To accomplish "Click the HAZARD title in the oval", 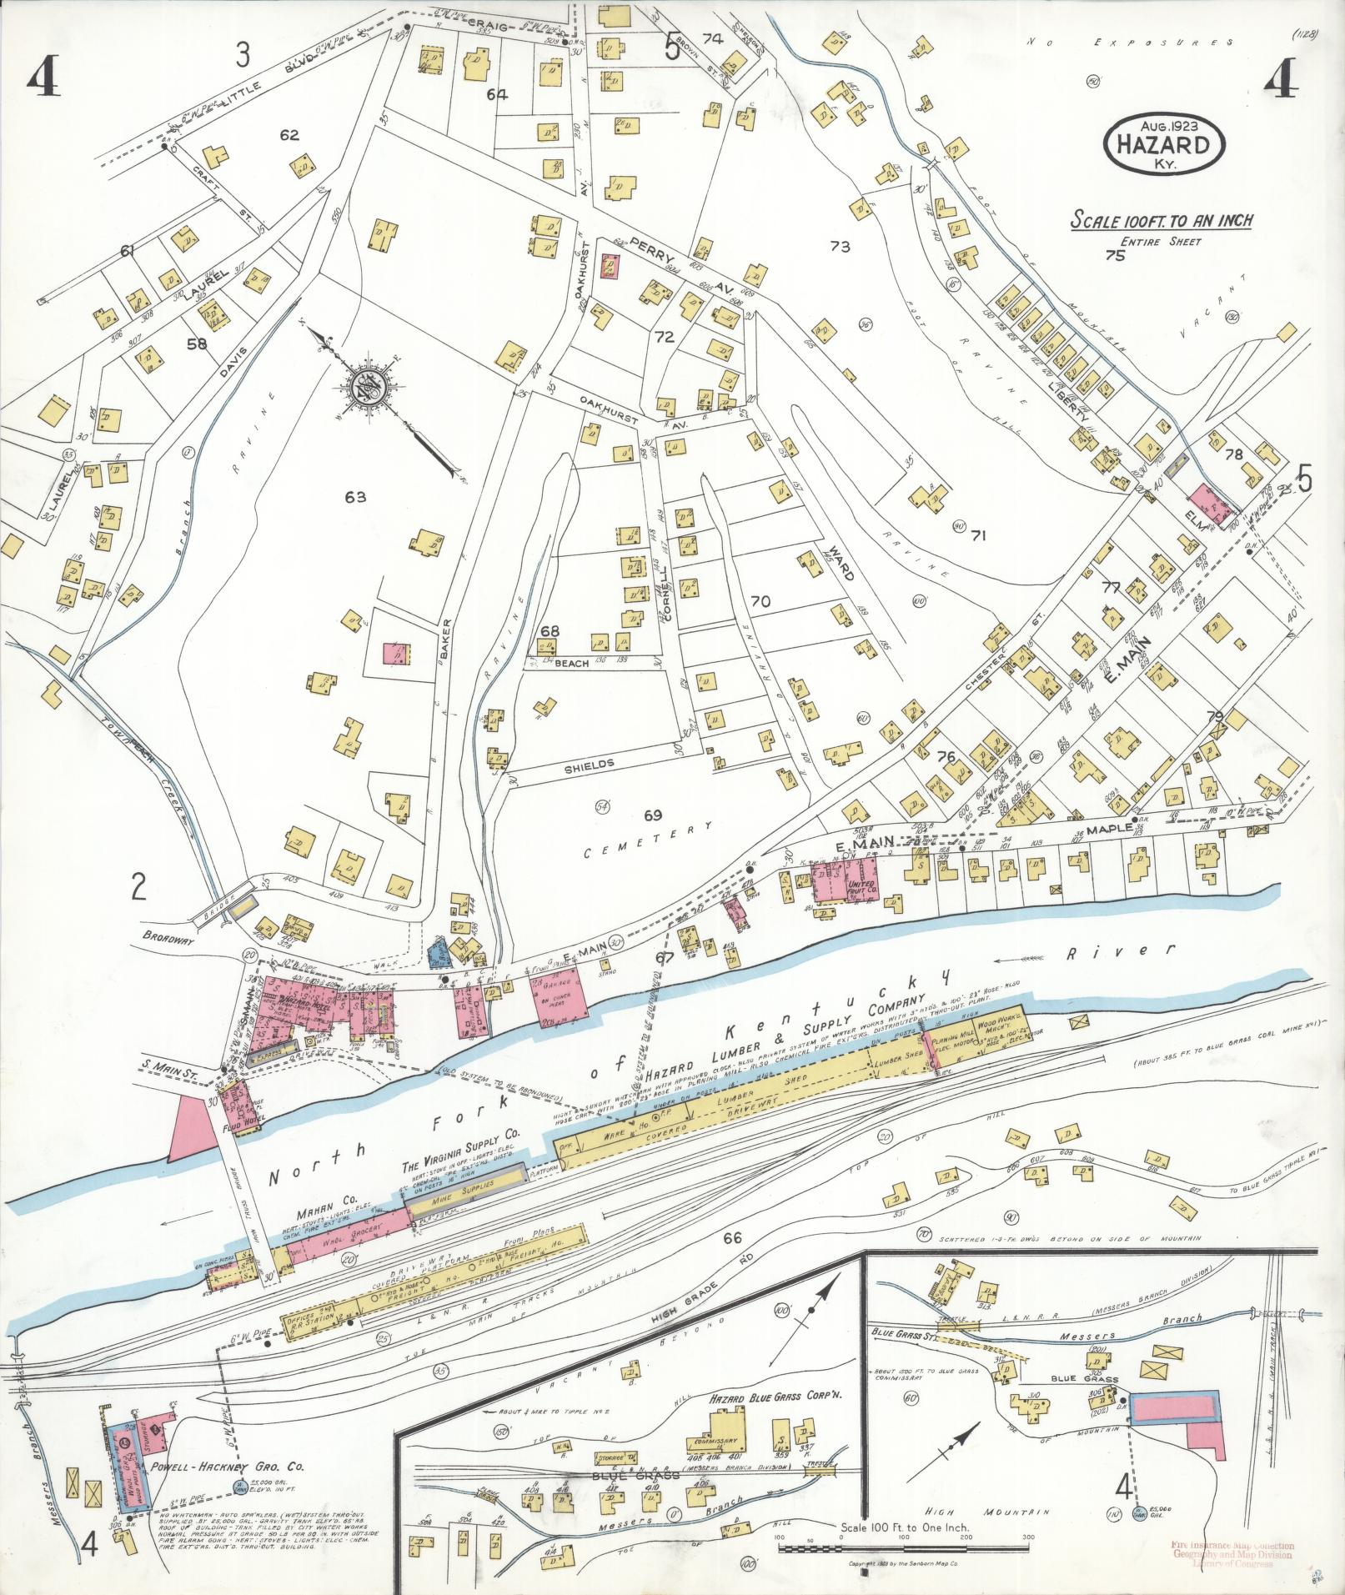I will [1165, 144].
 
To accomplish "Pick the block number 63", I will [356, 497].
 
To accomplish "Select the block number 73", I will [839, 246].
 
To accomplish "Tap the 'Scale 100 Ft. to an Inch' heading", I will [1162, 221].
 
